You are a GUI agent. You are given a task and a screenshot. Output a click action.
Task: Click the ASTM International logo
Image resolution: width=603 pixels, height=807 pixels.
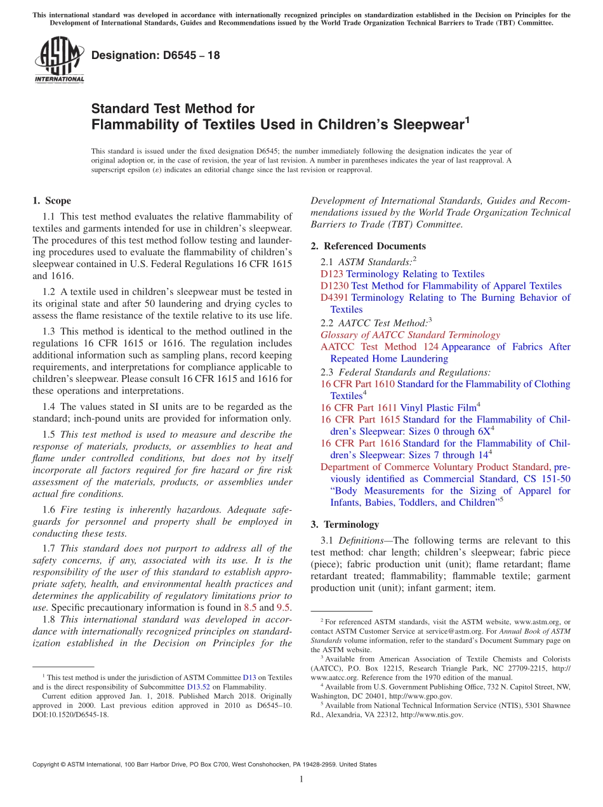(59, 60)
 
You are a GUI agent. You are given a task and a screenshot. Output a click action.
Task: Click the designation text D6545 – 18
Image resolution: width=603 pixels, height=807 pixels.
(156, 55)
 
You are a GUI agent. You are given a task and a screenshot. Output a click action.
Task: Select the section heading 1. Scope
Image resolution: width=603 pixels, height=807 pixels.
(52, 201)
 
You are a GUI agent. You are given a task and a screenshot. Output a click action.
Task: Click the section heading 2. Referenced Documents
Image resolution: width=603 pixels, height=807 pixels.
(368, 246)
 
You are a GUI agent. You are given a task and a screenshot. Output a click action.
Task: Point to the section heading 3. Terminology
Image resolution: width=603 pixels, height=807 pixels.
(345, 525)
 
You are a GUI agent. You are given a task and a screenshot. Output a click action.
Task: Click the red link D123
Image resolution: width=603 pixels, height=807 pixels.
(332, 274)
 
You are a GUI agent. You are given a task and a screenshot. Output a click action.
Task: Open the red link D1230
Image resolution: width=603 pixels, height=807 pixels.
(335, 286)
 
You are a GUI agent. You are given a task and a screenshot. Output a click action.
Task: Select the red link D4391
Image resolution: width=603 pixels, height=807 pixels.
(335, 298)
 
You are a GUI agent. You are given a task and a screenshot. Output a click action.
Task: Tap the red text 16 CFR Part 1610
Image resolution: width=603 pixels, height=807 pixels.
(357, 384)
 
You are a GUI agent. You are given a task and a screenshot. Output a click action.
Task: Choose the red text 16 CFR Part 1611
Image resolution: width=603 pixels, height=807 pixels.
(357, 407)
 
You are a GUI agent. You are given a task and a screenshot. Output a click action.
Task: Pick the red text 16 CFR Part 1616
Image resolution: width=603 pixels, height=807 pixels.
(360, 443)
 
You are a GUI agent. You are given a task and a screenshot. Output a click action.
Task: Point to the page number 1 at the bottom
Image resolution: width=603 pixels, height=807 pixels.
(301, 780)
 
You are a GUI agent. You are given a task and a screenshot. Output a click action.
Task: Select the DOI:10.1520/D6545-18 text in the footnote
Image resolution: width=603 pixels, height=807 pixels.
(70, 714)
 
